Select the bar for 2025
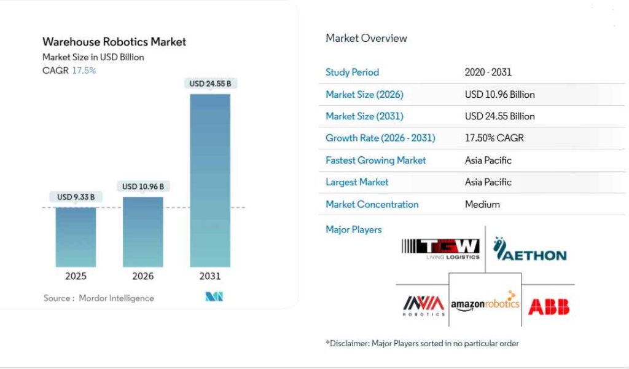point(76,237)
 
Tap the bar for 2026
point(143,232)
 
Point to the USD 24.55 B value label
point(210,83)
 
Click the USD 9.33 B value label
point(76,197)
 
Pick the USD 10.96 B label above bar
point(143,186)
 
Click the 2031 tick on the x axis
point(210,276)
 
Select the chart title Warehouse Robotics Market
point(114,42)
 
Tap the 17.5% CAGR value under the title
point(84,70)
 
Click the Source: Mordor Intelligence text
point(99,298)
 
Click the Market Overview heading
point(366,38)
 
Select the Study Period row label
point(352,72)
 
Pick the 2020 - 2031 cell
point(488,72)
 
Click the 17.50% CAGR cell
point(494,138)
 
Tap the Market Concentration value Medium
point(482,204)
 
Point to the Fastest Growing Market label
point(375,160)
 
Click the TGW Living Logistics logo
point(440,248)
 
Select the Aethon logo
point(529,249)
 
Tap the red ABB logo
point(549,306)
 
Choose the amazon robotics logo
point(485,304)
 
